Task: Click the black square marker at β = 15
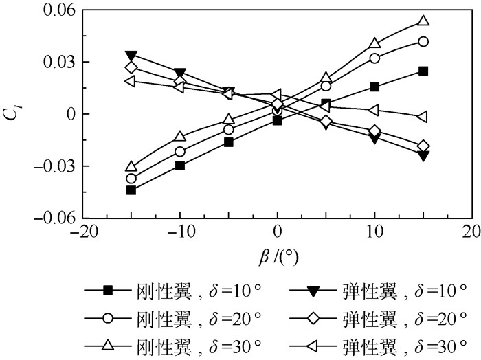coord(423,71)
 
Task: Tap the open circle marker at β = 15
coord(423,41)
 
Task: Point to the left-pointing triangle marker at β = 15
coord(423,117)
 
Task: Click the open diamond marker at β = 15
coord(423,146)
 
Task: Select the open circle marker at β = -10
coord(180,151)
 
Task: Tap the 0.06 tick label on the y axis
coord(58,10)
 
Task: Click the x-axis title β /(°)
coord(278,255)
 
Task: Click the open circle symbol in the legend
coord(107,317)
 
